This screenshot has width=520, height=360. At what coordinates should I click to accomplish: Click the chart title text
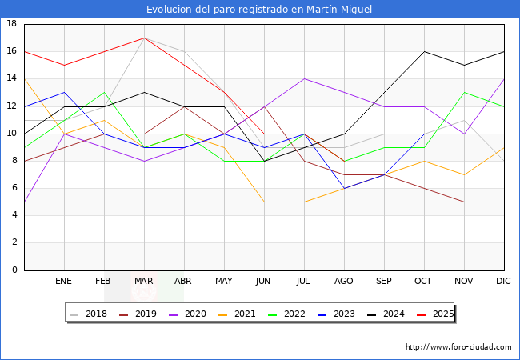[259, 10]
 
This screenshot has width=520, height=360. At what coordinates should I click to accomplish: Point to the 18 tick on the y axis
[12, 24]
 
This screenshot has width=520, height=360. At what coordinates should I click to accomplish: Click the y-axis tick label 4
[14, 215]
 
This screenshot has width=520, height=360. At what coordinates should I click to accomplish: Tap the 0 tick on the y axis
[14, 270]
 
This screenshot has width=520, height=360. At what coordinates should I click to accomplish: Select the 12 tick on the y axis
[12, 106]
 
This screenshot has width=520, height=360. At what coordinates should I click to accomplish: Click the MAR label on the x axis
[144, 282]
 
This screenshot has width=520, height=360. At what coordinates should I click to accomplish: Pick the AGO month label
[344, 282]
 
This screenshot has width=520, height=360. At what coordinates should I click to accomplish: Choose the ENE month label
[64, 282]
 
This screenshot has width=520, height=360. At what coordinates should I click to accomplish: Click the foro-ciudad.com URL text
[458, 347]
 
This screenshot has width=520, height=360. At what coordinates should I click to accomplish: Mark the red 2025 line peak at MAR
[144, 38]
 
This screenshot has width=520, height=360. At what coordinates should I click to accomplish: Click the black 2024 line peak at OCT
[424, 51]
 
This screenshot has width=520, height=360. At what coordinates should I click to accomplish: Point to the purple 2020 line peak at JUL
[304, 78]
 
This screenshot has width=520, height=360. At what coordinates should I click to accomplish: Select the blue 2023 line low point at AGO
[344, 188]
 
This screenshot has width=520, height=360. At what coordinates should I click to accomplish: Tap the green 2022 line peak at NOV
[464, 92]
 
